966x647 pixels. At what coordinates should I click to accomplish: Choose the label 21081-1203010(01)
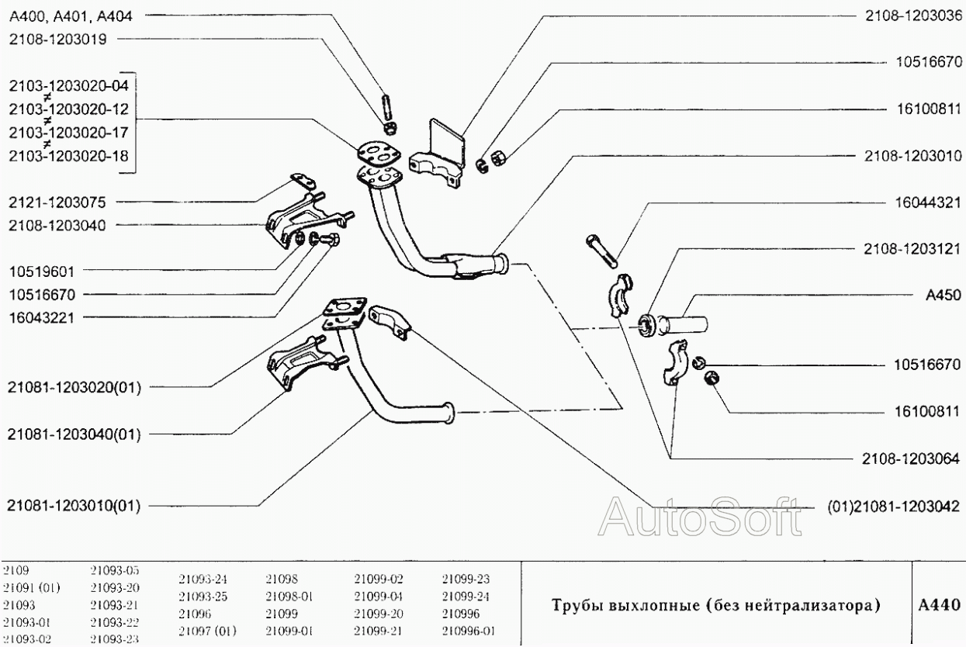click(73, 505)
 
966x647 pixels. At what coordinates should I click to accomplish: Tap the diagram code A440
click(939, 604)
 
